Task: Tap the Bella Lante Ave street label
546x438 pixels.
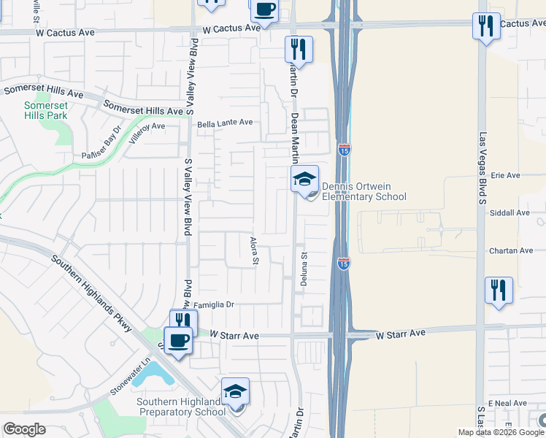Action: pyautogui.click(x=225, y=123)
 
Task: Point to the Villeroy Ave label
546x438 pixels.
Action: pyautogui.click(x=147, y=126)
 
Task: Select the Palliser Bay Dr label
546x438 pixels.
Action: pyautogui.click(x=101, y=145)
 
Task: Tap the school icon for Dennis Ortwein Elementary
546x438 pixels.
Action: pyautogui.click(x=304, y=178)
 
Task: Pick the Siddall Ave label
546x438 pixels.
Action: pyautogui.click(x=510, y=213)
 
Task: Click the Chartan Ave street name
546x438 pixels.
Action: pyautogui.click(x=511, y=250)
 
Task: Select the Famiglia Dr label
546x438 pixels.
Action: pyautogui.click(x=212, y=304)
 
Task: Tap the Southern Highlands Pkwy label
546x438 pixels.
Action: pyautogui.click(x=91, y=293)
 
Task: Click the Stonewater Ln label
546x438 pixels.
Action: pyautogui.click(x=129, y=373)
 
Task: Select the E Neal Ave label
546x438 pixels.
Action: pyautogui.click(x=509, y=403)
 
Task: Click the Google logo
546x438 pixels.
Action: pyautogui.click(x=24, y=429)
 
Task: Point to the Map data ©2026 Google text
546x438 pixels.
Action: pyautogui.click(x=501, y=432)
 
